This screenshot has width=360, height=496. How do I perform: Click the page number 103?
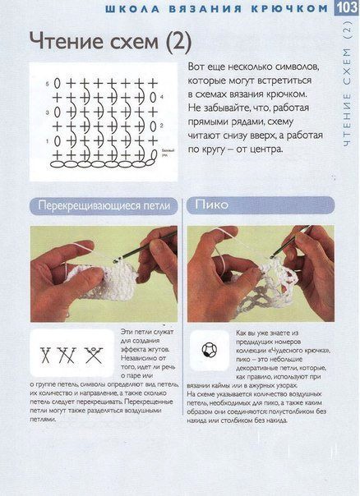click(x=345, y=8)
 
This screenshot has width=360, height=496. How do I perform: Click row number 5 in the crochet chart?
click(x=48, y=84)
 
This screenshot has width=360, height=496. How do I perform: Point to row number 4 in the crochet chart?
click(x=163, y=97)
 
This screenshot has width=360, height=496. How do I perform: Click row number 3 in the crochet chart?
click(x=48, y=112)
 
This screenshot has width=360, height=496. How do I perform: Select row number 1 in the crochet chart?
click(x=48, y=140)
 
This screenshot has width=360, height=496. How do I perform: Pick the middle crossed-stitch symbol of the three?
click(x=69, y=355)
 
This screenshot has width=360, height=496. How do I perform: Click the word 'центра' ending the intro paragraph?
click(x=263, y=150)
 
